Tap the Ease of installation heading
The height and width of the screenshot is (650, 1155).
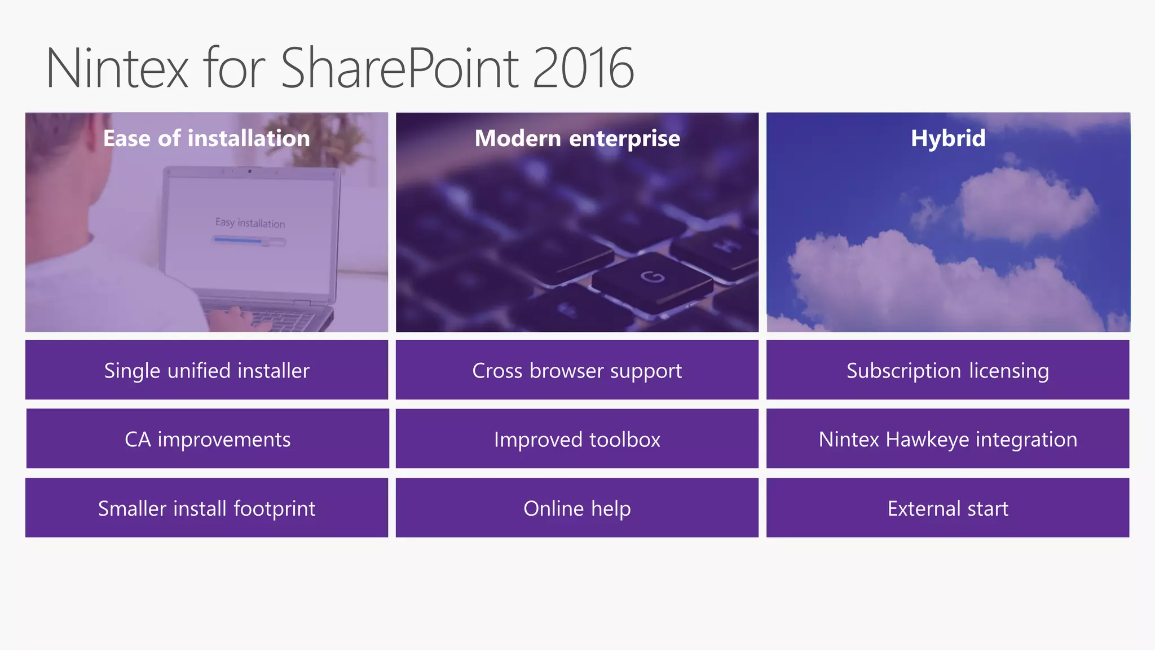(x=206, y=138)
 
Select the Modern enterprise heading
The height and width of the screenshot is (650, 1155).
(x=577, y=138)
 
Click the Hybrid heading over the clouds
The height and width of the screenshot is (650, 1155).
(x=948, y=138)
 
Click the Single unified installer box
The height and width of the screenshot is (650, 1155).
(x=206, y=370)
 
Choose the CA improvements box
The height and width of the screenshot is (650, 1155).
(x=208, y=439)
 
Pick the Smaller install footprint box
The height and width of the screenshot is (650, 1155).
(x=206, y=508)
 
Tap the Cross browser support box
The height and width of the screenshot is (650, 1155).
(x=577, y=370)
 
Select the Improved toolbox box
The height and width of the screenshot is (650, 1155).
(x=577, y=439)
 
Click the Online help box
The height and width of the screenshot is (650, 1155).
(x=577, y=508)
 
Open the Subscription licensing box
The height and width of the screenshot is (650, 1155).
(x=947, y=370)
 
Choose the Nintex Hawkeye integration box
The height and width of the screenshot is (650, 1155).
(x=947, y=439)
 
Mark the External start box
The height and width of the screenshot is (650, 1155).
(x=947, y=508)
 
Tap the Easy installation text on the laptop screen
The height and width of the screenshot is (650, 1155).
(x=250, y=223)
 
